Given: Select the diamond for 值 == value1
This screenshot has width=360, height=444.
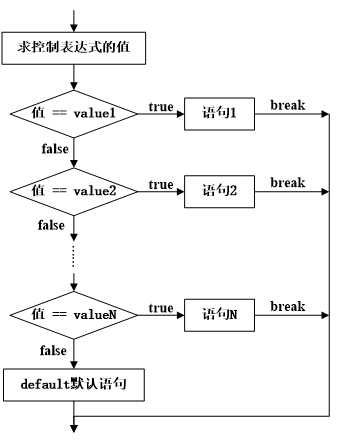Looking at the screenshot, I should pyautogui.click(x=74, y=114).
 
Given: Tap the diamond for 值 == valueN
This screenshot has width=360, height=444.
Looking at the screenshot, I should pyautogui.click(x=74, y=315).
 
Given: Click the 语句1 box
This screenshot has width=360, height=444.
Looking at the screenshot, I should pyautogui.click(x=219, y=114).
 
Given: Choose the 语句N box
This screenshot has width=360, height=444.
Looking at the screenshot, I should pyautogui.click(x=219, y=315).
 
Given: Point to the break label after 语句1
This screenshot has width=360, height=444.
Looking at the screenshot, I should pyautogui.click(x=287, y=106).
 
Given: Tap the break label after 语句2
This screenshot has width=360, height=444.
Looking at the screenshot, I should pyautogui.click(x=287, y=183).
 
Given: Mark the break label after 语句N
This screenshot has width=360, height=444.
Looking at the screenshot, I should pyautogui.click(x=287, y=306).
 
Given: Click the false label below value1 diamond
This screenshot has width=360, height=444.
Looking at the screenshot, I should pyautogui.click(x=54, y=149).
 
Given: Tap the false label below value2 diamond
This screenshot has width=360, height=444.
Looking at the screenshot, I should pyautogui.click(x=54, y=226).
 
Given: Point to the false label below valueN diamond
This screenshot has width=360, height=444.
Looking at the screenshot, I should pyautogui.click(x=54, y=350).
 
